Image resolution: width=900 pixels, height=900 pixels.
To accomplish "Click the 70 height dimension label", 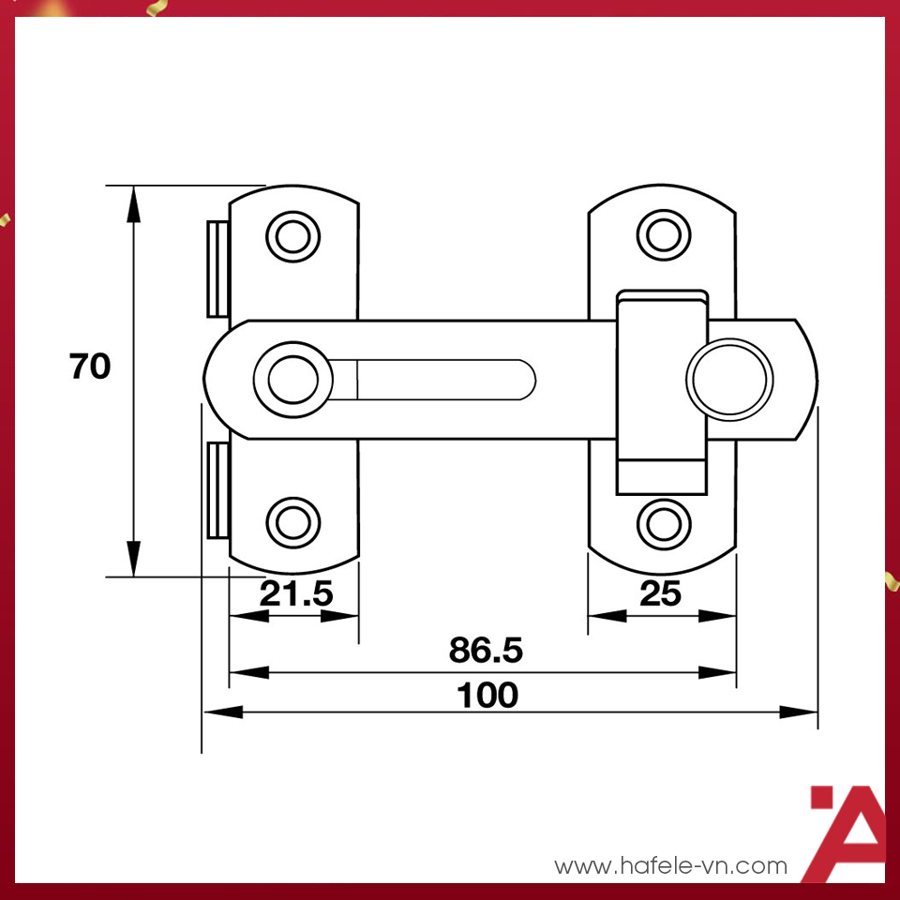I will point(90,367).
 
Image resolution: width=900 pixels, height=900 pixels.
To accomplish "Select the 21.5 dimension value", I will point(296,593).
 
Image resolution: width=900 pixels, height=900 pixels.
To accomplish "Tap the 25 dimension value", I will point(661,593).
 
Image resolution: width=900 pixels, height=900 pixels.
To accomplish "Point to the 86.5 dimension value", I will point(485,650).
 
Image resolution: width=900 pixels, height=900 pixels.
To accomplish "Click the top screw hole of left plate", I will point(293,235).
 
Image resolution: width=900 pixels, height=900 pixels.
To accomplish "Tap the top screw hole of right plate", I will point(664,233).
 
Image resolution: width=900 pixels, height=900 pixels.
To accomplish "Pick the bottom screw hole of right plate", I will point(664,520).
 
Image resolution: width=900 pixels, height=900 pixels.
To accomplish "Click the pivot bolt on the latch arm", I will point(293,380).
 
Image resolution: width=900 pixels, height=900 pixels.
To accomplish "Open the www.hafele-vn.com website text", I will point(671,865).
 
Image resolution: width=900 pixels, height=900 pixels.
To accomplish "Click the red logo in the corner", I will point(847,832).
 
